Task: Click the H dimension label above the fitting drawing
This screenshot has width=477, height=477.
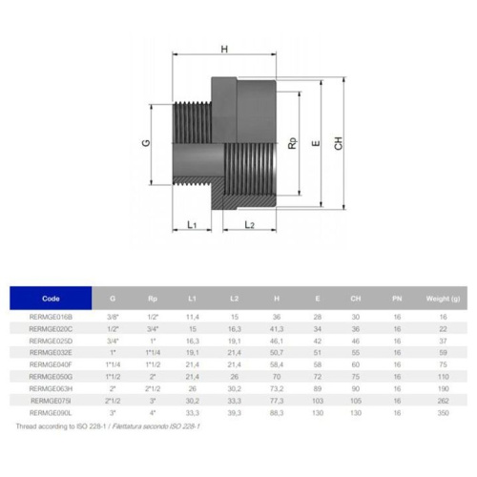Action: [x=224, y=49]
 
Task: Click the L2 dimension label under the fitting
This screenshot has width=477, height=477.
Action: [x=249, y=224]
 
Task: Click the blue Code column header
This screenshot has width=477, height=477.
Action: [x=51, y=299]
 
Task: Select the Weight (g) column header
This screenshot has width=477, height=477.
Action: [x=442, y=299]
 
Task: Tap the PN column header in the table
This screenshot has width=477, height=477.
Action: [x=396, y=299]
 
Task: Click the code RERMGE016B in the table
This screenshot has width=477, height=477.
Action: [x=51, y=316]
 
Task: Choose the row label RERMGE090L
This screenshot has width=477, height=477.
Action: [x=51, y=414]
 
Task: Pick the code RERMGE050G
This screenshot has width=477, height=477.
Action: [x=51, y=377]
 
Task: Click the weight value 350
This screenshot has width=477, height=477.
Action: [x=442, y=414]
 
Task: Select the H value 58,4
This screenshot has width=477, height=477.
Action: [x=277, y=364]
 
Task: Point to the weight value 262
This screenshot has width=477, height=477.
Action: [x=442, y=402]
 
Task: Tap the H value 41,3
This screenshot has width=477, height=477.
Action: [x=277, y=328]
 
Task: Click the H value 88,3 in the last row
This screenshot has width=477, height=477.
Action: [x=277, y=414]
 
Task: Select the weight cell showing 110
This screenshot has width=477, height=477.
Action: [x=442, y=377]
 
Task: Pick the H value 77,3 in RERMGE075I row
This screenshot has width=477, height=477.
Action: [x=277, y=402]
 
